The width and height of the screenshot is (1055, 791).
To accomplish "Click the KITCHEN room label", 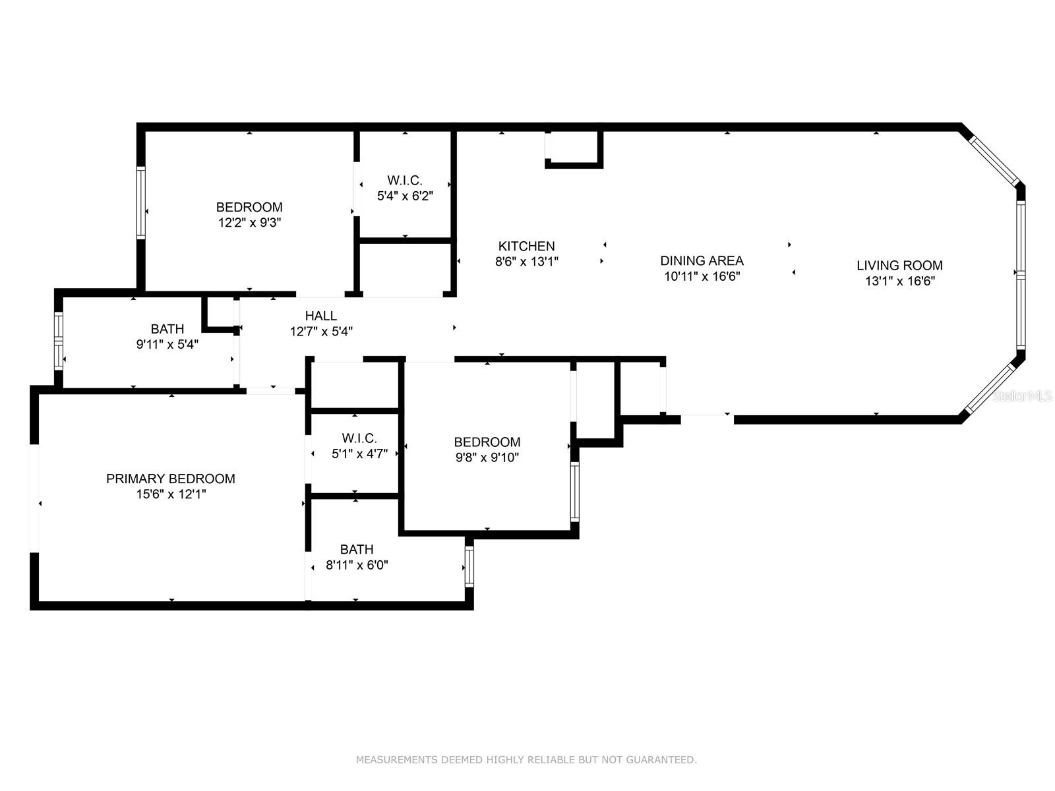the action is [526, 247].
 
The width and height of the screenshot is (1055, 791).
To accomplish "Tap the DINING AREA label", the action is [702, 261].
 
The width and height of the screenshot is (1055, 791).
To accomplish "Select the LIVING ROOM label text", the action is [899, 266].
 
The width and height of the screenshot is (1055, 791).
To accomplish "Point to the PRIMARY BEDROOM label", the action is [171, 479].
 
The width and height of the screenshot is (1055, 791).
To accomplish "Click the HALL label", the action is [320, 316].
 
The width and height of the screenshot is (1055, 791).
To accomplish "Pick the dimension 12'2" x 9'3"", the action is [249, 223].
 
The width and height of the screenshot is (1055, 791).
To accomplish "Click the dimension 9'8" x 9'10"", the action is [487, 457].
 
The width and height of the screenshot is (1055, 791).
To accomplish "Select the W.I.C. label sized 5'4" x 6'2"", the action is [405, 181].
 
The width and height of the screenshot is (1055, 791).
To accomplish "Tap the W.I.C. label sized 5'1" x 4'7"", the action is [359, 438].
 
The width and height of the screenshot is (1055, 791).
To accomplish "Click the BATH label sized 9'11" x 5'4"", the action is [167, 329].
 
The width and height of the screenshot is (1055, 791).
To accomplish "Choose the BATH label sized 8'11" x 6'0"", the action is [357, 550].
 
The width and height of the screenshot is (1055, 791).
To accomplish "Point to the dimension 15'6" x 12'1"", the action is [171, 494].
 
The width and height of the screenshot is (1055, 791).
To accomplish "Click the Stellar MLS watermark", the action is [1022, 395].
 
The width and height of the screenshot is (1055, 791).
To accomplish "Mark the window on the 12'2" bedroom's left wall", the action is [141, 202].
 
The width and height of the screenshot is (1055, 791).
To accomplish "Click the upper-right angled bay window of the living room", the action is [994, 160].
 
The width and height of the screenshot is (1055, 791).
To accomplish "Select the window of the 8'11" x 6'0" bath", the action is [469, 567].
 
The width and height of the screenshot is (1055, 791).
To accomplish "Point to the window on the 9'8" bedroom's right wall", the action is [575, 491].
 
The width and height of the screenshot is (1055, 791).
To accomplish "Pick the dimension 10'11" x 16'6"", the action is [702, 277].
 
